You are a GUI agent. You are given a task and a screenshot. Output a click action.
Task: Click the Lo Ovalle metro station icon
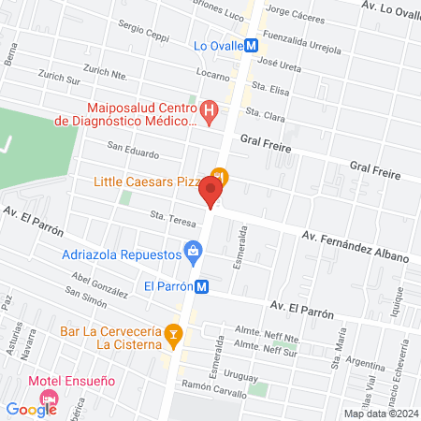(251, 45)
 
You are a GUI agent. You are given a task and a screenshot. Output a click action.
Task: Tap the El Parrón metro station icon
(204, 287)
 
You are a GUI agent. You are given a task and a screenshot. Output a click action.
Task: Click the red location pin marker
(211, 193)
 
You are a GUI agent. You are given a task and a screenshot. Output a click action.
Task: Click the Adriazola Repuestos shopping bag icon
(194, 250)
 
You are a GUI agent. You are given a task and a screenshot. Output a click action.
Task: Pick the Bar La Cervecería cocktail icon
(172, 332)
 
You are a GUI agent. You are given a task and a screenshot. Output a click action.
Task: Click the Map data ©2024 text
(379, 413)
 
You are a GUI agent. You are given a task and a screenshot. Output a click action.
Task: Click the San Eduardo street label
(132, 150)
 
